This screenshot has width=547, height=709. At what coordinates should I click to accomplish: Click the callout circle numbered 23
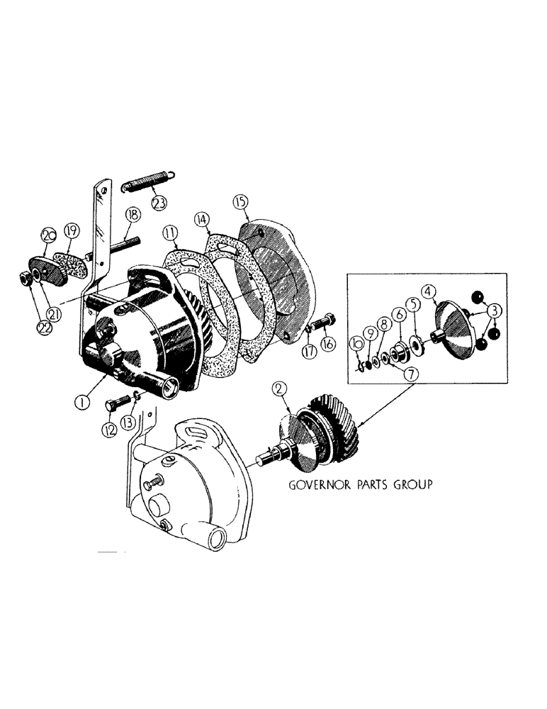(159, 202)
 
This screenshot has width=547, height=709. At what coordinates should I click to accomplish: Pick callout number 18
(132, 215)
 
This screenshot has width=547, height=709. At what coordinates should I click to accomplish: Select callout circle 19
(71, 229)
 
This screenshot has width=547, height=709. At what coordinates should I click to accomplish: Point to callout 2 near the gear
(280, 389)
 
